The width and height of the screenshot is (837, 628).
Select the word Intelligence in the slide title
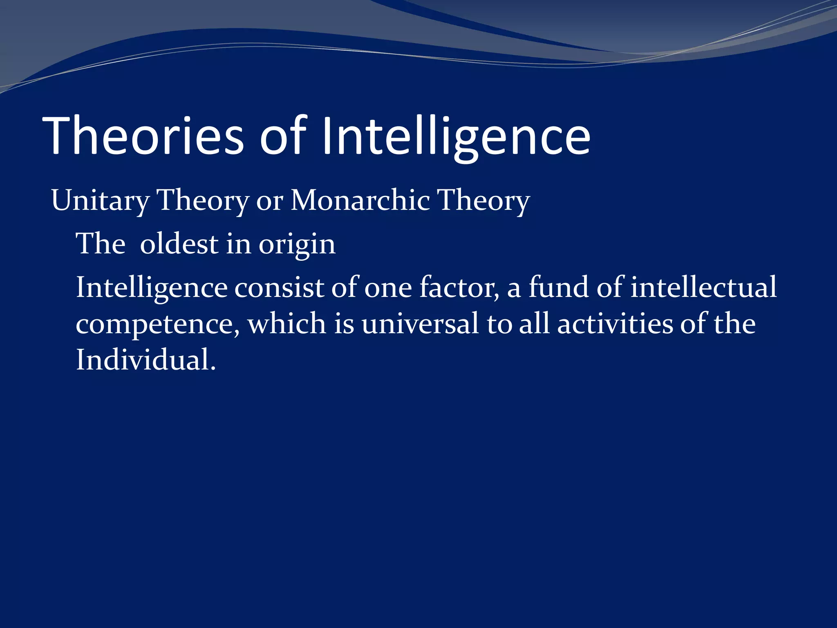click(456, 136)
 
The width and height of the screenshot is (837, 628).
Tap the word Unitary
click(100, 201)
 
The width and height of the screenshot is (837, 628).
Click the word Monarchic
click(360, 200)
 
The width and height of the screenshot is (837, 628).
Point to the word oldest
click(179, 244)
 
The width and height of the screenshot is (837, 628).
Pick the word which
click(286, 323)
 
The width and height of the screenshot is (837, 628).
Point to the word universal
click(420, 323)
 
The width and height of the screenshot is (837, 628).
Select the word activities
click(615, 323)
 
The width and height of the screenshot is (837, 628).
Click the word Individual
click(145, 360)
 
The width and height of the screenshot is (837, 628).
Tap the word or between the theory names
click(269, 201)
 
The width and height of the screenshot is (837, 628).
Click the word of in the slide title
click(283, 136)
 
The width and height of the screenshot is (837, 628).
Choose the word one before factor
click(388, 287)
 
